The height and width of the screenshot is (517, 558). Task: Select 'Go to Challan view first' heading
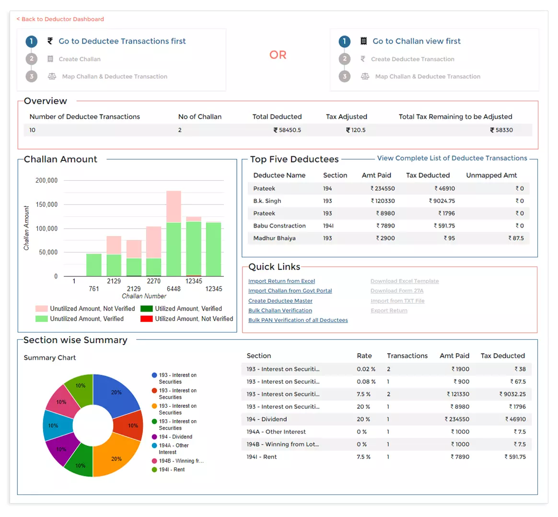[416, 41]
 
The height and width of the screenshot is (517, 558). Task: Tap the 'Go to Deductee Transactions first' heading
[122, 41]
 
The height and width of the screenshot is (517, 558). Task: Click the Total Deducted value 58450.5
[288, 130]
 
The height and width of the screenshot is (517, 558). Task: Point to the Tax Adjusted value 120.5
[356, 130]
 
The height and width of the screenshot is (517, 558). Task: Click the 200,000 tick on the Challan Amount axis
[46, 181]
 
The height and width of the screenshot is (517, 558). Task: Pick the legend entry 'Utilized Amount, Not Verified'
[194, 319]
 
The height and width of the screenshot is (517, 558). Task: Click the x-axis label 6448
[174, 289]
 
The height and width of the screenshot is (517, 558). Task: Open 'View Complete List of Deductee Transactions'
[452, 158]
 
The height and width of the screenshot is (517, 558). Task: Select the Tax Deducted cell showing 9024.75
[442, 201]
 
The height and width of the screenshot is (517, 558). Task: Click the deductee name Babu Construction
[279, 226]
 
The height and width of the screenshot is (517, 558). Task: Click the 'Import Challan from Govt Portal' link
[290, 291]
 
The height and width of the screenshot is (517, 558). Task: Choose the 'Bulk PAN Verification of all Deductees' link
[298, 320]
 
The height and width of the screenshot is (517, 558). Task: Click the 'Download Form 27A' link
[397, 291]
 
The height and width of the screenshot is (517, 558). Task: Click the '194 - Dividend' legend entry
[175, 437]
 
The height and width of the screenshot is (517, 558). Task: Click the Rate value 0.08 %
[366, 382]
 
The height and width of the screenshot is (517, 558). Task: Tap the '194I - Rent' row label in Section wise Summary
[262, 457]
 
